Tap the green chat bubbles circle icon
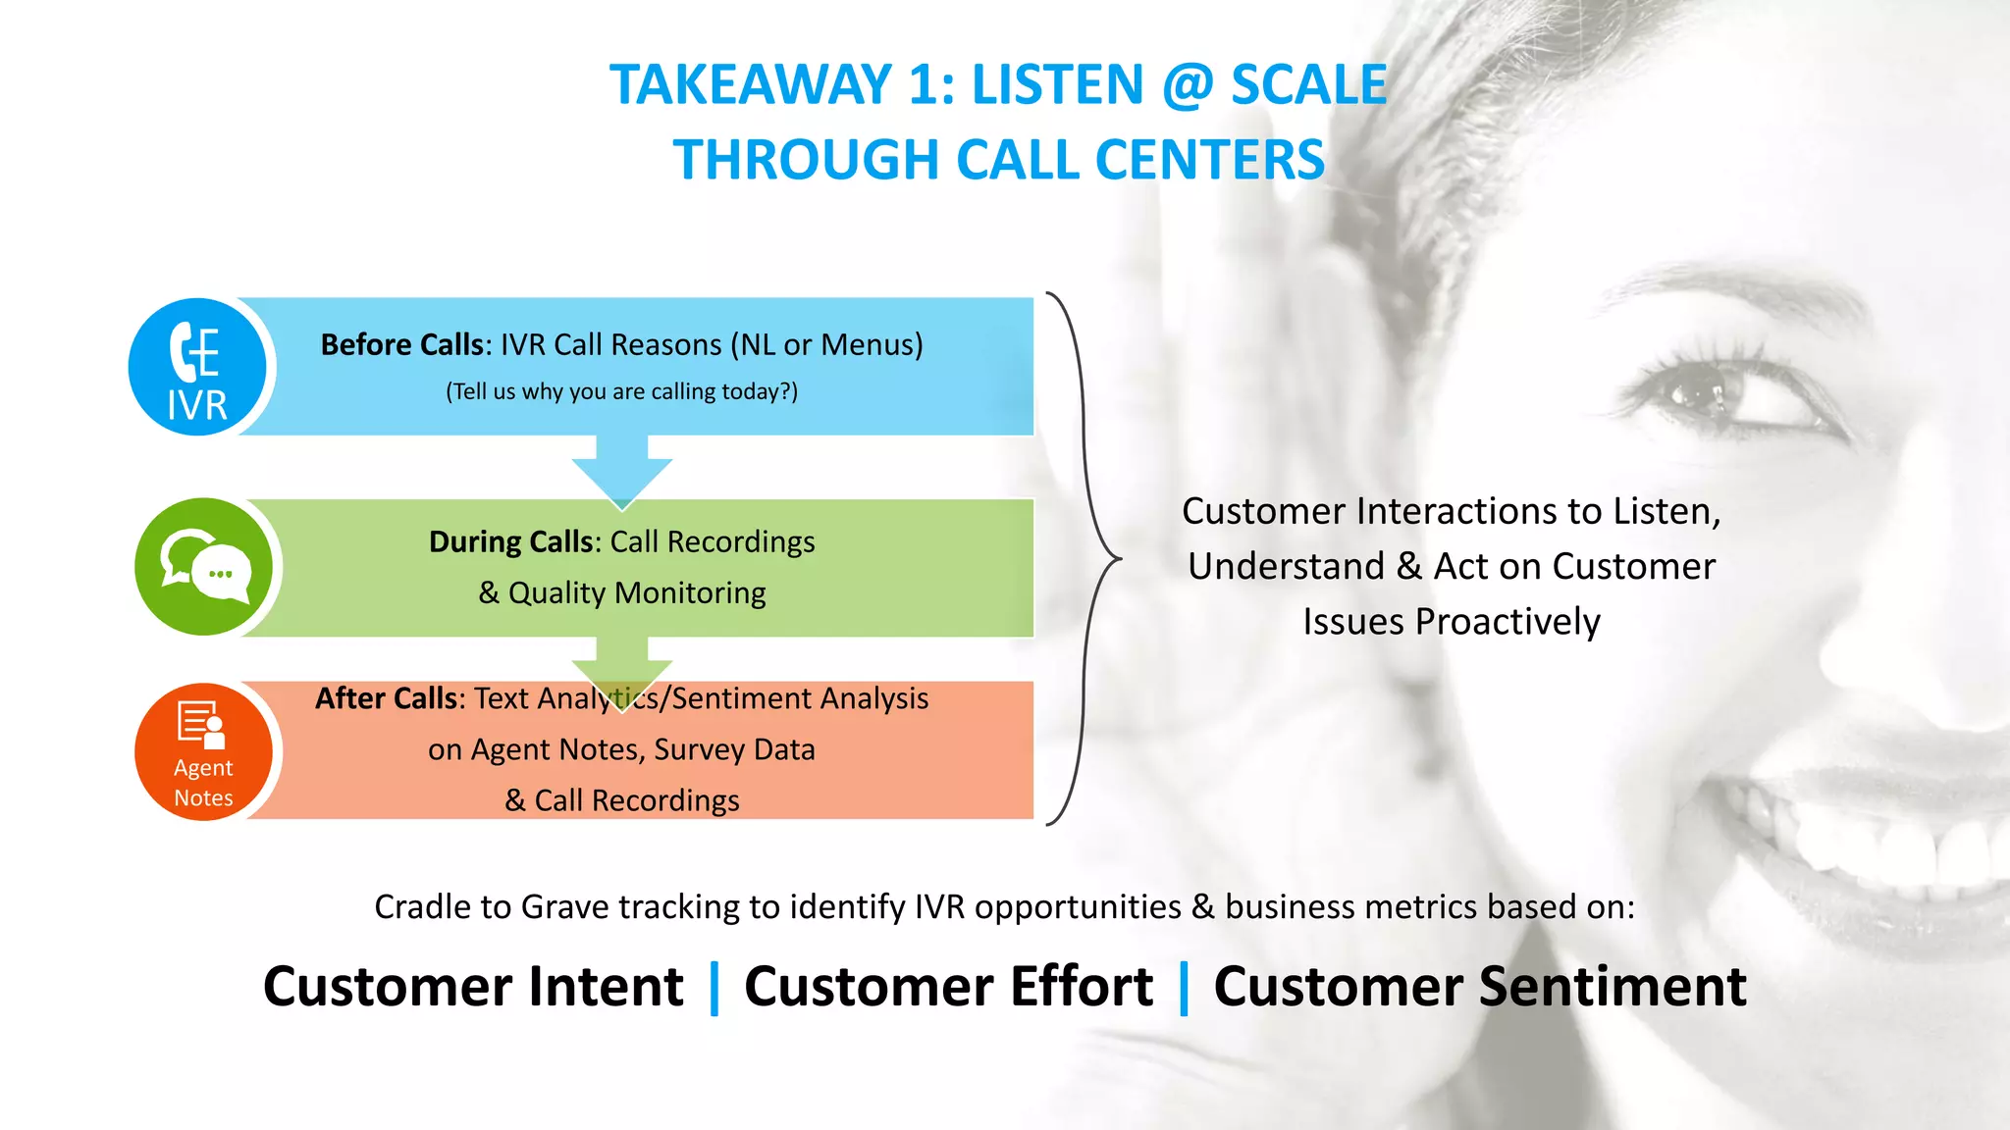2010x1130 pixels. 204,567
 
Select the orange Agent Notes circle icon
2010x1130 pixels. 204,751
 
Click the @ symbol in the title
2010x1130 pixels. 1188,85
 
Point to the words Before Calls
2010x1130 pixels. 401,345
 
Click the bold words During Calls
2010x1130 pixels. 510,542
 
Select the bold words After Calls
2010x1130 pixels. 387,698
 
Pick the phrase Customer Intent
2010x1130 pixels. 473,987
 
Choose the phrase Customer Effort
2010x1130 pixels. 948,987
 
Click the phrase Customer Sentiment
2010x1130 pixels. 1480,987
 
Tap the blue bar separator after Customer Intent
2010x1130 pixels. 714,988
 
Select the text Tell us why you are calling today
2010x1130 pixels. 621,391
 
